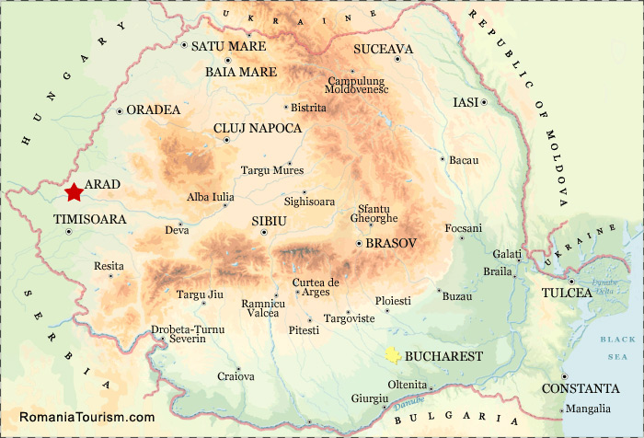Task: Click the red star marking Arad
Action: click(74, 192)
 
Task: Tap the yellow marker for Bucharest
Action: click(393, 355)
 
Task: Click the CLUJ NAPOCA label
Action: click(258, 129)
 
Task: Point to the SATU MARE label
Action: click(228, 46)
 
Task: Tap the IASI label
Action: click(466, 102)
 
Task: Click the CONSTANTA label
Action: click(581, 388)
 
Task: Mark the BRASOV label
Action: click(391, 243)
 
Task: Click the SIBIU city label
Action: click(270, 221)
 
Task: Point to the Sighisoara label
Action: click(310, 202)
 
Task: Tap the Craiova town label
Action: click(236, 376)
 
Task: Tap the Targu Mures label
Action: click(271, 170)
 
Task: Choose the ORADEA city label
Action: click(154, 109)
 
